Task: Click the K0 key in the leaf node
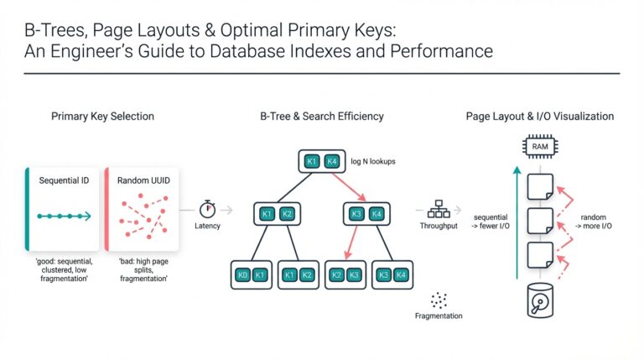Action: (242, 274)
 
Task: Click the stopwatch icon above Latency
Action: (207, 208)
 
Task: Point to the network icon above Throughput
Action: (439, 208)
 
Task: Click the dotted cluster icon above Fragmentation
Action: (439, 300)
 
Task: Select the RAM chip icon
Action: (540, 148)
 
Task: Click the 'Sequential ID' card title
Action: (65, 180)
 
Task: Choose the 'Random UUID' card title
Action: (142, 180)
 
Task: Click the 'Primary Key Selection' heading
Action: (102, 116)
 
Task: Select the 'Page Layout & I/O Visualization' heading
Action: (540, 116)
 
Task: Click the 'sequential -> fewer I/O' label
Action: (491, 222)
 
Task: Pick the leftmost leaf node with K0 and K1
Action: (251, 274)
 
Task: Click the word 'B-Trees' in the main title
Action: (51, 29)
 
